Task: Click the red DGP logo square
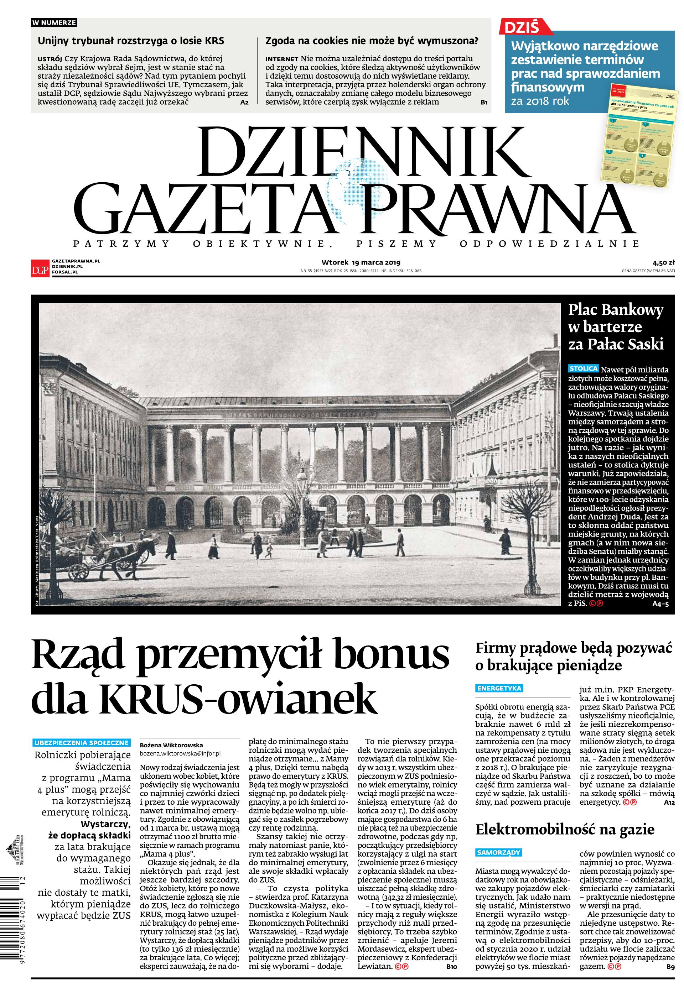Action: pos(40,268)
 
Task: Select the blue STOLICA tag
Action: pos(583,368)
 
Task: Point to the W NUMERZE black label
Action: pos(54,23)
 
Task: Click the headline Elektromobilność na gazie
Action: pos(564,830)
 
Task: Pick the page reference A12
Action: pos(669,803)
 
